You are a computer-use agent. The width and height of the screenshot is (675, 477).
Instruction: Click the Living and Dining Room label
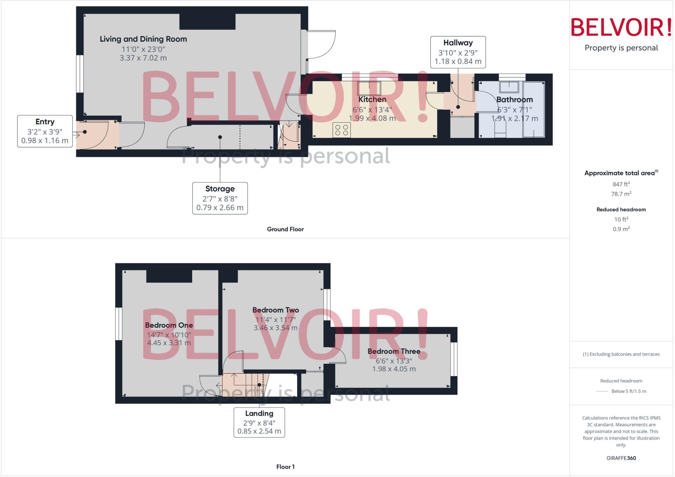tap(143, 39)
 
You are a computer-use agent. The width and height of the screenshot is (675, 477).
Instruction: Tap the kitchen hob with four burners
tap(341, 130)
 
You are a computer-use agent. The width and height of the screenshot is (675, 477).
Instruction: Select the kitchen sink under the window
tap(369, 88)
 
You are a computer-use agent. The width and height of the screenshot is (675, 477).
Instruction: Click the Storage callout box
tap(220, 198)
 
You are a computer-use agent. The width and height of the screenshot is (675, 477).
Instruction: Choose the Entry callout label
tap(45, 131)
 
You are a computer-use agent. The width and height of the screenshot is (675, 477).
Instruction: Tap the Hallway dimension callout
tap(458, 52)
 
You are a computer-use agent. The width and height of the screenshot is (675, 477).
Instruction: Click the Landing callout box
tap(259, 422)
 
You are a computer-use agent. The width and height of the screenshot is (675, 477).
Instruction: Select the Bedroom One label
tap(169, 325)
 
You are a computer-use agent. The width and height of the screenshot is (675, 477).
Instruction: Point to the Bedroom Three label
tap(394, 351)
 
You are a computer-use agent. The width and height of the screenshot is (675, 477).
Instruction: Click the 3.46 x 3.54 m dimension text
tap(276, 328)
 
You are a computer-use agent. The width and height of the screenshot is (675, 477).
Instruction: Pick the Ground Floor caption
tap(285, 229)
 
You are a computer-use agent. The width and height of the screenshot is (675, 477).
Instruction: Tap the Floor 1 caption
tap(285, 467)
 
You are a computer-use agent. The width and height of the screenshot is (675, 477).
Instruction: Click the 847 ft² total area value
tap(621, 184)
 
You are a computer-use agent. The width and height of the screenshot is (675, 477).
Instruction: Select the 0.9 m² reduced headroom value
tap(621, 229)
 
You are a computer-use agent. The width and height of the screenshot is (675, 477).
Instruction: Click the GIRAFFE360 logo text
tap(621, 458)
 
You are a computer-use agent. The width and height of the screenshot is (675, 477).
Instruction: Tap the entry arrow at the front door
tap(76, 134)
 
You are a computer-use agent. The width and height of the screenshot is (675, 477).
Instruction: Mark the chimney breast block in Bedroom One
tap(169, 276)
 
